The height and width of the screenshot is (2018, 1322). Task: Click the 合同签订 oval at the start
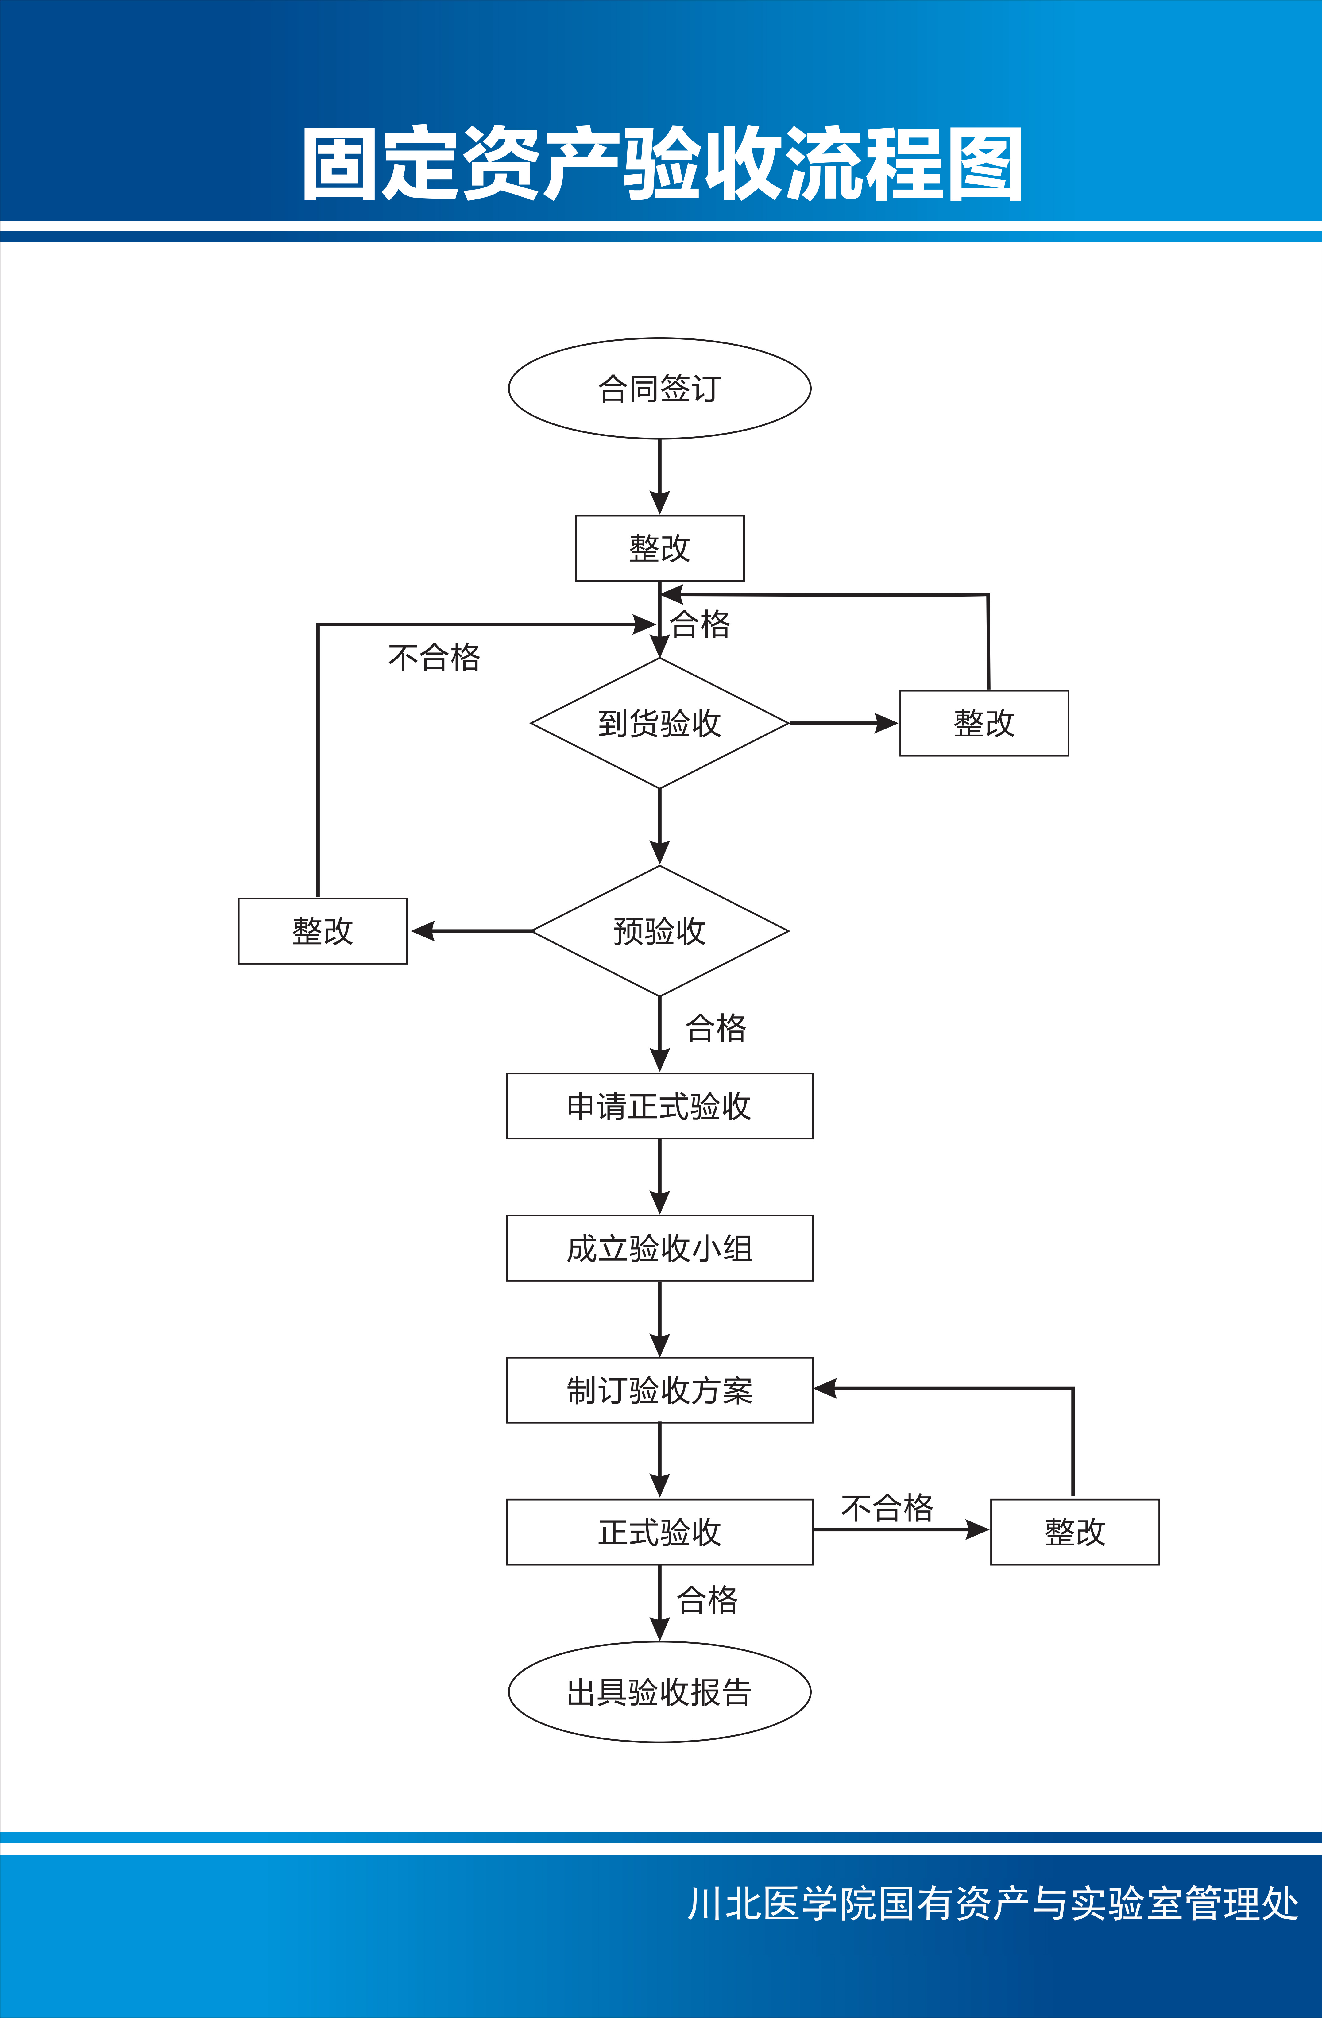[x=660, y=388]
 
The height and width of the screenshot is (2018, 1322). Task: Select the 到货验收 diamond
[x=660, y=723]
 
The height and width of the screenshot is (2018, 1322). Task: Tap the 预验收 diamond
[x=660, y=931]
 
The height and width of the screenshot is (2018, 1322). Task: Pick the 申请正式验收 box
[x=660, y=1106]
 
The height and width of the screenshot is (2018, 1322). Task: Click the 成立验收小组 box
[x=660, y=1248]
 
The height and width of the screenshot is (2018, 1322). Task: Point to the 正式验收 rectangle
[x=660, y=1532]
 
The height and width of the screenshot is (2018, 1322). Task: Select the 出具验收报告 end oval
[x=660, y=1692]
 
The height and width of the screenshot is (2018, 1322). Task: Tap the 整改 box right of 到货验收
[x=984, y=723]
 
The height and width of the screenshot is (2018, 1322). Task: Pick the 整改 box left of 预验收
[x=322, y=931]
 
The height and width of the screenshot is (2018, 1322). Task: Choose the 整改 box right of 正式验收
[x=1074, y=1532]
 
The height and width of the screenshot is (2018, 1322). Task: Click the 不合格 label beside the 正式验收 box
[x=887, y=1508]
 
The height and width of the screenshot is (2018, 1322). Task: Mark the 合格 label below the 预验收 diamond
[x=716, y=1028]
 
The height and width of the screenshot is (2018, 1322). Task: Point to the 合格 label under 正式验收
[x=707, y=1600]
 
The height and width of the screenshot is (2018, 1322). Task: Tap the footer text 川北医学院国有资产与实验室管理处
[x=992, y=1904]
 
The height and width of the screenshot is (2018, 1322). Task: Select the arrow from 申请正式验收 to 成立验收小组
[x=660, y=1177]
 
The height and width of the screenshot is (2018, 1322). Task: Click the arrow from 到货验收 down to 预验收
[x=660, y=827]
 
